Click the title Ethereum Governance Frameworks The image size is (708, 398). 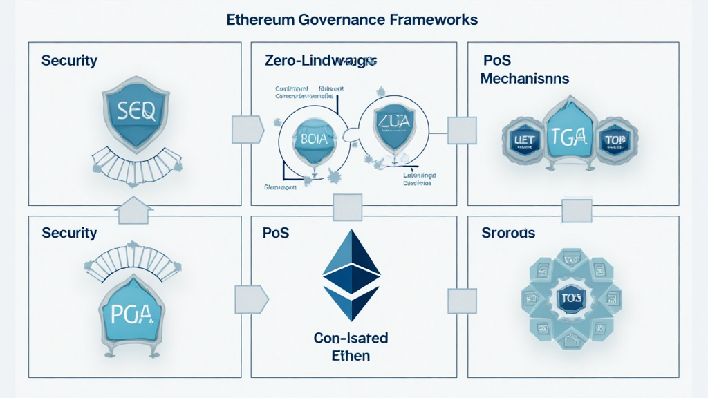[352, 19]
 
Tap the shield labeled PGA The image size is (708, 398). [131, 316]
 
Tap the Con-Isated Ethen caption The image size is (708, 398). [351, 348]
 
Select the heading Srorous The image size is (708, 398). [508, 233]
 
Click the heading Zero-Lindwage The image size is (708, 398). [320, 61]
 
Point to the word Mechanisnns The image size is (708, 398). [525, 78]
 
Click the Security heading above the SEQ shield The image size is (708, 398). [69, 60]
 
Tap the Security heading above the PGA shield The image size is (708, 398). [69, 233]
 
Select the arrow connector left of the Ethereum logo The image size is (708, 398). [250, 299]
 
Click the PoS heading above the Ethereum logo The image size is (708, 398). [275, 233]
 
